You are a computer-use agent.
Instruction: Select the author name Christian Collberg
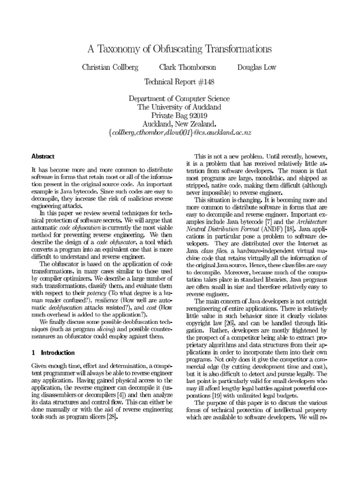(x=110, y=67)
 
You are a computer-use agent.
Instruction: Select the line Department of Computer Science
(x=180, y=98)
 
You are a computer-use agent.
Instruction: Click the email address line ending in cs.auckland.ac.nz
(x=180, y=133)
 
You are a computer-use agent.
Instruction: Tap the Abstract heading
(x=43, y=156)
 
